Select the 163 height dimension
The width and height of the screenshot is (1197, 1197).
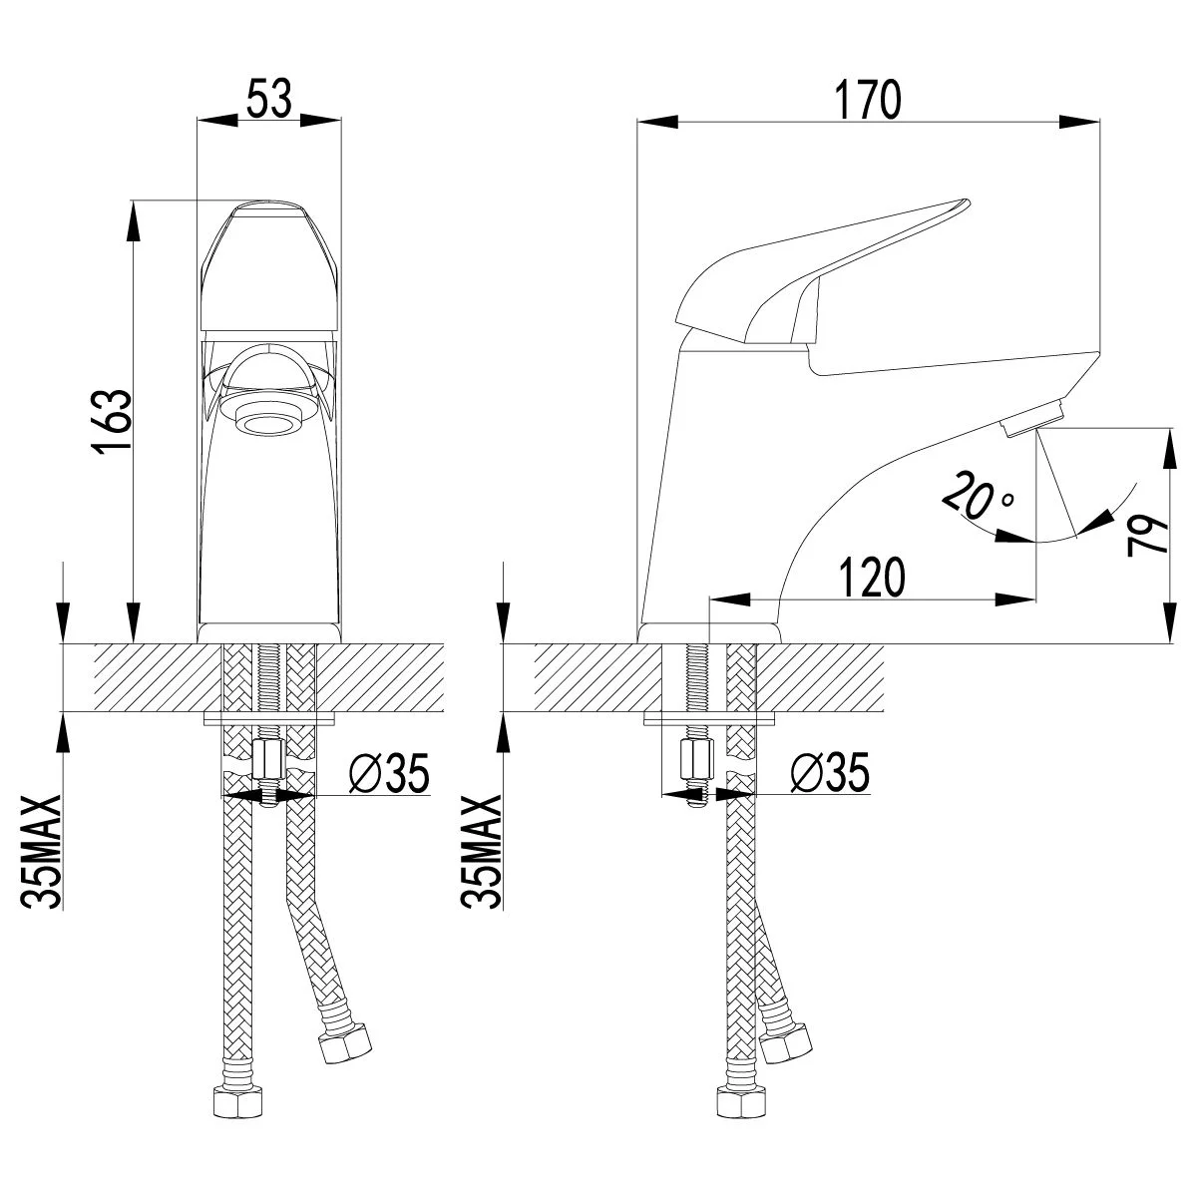pos(112,422)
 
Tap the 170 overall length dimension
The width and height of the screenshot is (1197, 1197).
pos(866,99)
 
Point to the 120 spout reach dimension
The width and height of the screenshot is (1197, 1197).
pos(871,577)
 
